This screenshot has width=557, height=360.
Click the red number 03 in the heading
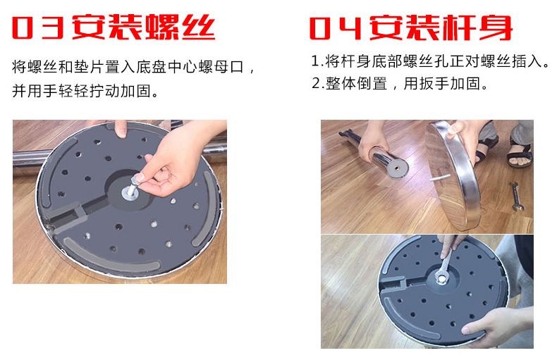[x=38, y=27]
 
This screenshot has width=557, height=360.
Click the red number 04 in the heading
[x=336, y=27]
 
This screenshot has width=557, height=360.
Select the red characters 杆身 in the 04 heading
[x=478, y=27]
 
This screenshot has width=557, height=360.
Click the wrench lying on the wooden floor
[x=515, y=197]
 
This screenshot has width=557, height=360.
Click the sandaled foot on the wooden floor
[x=520, y=154]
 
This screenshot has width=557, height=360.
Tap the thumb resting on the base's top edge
[x=121, y=128]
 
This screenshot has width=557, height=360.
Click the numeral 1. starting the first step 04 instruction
[x=317, y=61]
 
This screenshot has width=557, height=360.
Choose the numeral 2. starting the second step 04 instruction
[x=317, y=83]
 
